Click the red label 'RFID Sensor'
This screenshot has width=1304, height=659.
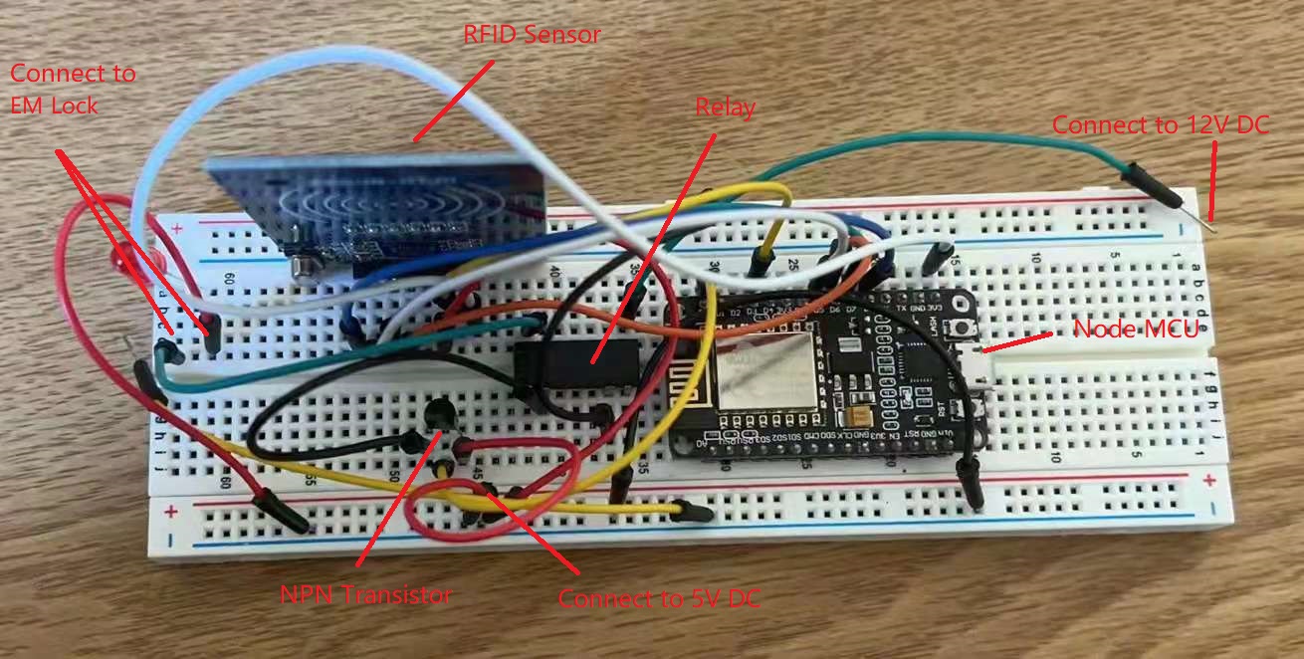(x=533, y=35)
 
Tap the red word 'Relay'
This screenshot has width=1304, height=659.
(x=725, y=107)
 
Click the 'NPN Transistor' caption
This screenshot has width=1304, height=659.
(x=366, y=595)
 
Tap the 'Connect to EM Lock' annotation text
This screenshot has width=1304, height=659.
(x=72, y=88)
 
